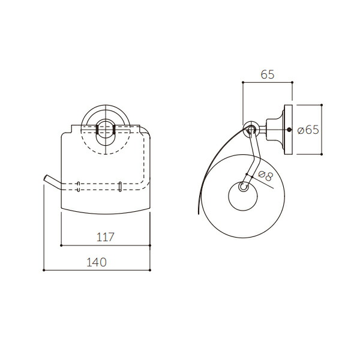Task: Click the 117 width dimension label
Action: (106, 237)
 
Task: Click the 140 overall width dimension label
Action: (97, 262)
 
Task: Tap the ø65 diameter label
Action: (308, 130)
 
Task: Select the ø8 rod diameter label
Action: (266, 176)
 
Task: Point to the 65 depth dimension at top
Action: (268, 74)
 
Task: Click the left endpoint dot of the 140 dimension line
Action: (44, 270)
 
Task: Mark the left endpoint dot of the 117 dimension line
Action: (61, 245)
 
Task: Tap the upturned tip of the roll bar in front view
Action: (46, 178)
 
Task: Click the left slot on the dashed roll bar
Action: (78, 187)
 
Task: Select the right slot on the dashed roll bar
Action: (119, 187)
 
